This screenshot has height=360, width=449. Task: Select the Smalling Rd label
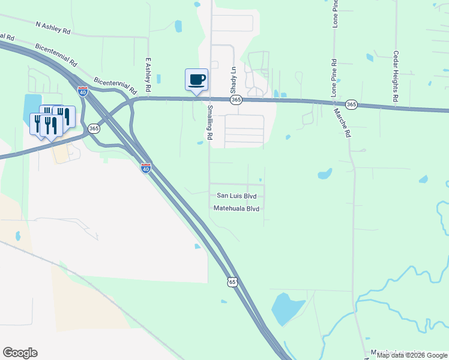(209, 122)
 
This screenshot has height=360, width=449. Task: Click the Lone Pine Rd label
(334, 79)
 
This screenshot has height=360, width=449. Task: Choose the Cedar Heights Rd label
(396, 76)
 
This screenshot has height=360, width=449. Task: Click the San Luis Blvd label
(237, 196)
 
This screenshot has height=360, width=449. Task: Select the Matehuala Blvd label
(237, 208)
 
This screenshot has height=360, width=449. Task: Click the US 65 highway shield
(233, 281)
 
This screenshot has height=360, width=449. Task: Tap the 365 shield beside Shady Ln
(236, 100)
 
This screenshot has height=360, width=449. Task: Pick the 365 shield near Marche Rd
(352, 104)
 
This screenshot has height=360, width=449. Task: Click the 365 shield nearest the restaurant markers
(94, 128)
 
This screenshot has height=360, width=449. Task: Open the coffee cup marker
(196, 79)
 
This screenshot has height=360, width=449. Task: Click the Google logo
(20, 353)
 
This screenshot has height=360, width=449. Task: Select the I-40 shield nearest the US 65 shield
(145, 169)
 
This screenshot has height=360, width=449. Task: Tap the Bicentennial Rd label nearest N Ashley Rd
(57, 54)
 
